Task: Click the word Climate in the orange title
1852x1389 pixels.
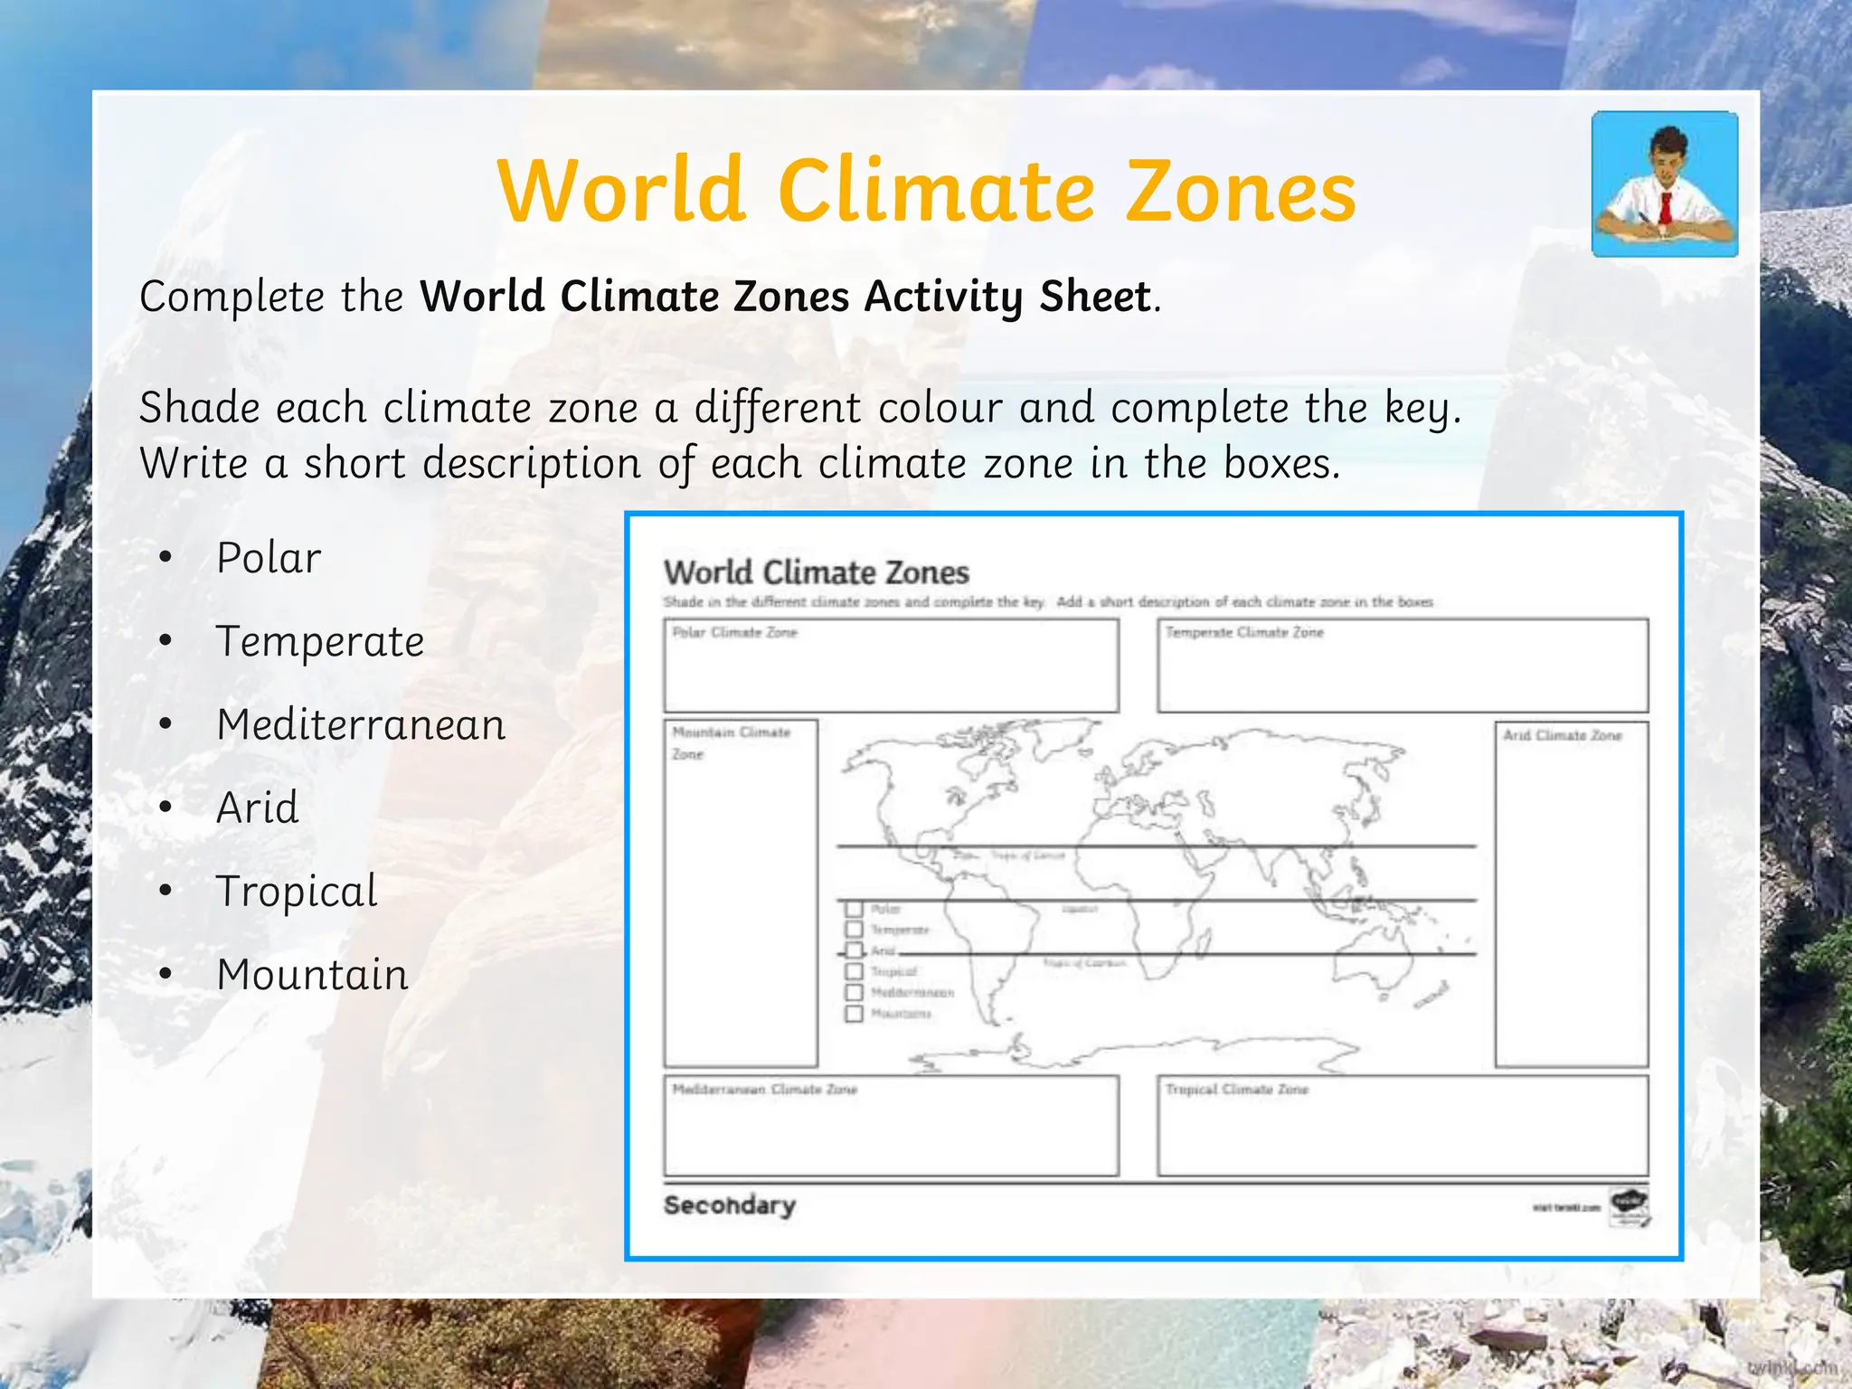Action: click(x=936, y=192)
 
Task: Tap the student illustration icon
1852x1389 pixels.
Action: click(x=1664, y=184)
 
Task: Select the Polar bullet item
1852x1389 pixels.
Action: click(x=269, y=558)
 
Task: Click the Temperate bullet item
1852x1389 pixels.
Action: click(x=320, y=642)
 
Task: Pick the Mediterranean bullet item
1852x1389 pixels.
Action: click(x=361, y=725)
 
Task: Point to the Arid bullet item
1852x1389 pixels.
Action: click(x=258, y=808)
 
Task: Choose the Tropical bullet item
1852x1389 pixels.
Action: click(x=297, y=892)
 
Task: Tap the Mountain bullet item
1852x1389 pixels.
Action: click(x=312, y=975)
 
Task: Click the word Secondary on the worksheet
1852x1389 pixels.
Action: click(x=730, y=1205)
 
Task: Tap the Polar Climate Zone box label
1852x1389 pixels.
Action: click(x=734, y=632)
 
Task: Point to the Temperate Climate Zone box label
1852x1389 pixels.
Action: click(x=1244, y=632)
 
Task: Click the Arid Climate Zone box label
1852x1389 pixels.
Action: click(x=1563, y=735)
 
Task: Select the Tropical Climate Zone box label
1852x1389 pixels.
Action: click(x=1237, y=1090)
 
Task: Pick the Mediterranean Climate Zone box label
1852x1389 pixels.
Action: click(x=764, y=1090)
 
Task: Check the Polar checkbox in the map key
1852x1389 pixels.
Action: click(x=854, y=908)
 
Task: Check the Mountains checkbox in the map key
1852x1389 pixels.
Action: click(x=854, y=1013)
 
